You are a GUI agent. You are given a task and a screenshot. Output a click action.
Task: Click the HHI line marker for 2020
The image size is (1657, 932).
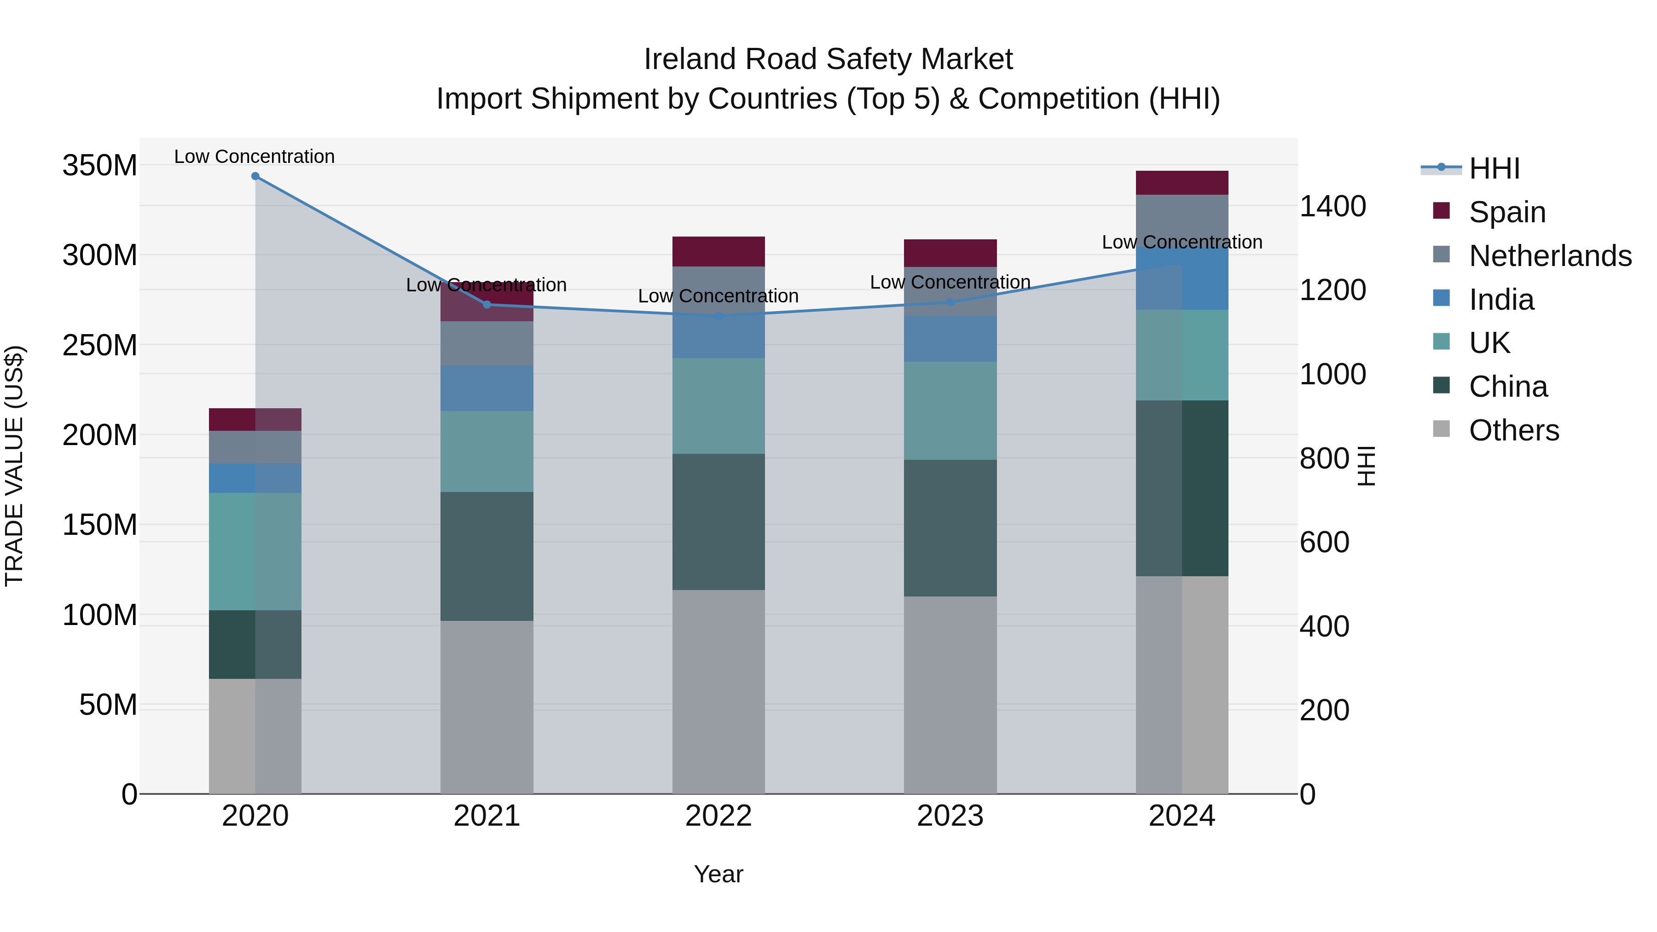(x=255, y=176)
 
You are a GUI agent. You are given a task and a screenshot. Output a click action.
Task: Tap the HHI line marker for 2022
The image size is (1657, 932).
(x=718, y=316)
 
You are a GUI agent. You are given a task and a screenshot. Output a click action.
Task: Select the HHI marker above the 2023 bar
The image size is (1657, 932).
(x=950, y=302)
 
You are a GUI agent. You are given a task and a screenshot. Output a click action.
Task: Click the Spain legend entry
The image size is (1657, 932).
(x=1506, y=212)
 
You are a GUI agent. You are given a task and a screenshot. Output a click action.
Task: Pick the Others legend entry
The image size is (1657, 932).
(x=1513, y=430)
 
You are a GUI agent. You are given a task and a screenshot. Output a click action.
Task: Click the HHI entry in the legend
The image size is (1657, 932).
(x=1494, y=168)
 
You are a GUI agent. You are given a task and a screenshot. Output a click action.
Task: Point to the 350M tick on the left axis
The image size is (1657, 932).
(x=100, y=166)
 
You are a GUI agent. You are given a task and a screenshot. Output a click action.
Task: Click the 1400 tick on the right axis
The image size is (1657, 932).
(x=1332, y=207)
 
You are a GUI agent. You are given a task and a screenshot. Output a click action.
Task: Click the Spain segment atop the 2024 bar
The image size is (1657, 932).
(x=1182, y=183)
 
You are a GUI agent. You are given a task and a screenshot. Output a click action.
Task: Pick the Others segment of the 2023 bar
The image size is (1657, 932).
(x=950, y=695)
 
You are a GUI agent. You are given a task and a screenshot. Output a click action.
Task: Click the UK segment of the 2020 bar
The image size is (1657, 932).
(x=255, y=551)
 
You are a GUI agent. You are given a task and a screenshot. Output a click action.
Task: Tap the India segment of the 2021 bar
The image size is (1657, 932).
(x=487, y=388)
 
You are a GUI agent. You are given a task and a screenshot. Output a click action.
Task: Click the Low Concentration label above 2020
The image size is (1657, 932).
(x=255, y=157)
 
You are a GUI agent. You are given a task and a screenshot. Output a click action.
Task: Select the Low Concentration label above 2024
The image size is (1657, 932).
(x=1182, y=243)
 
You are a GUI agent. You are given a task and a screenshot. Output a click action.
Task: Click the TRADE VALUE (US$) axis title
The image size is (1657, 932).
(x=15, y=466)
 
